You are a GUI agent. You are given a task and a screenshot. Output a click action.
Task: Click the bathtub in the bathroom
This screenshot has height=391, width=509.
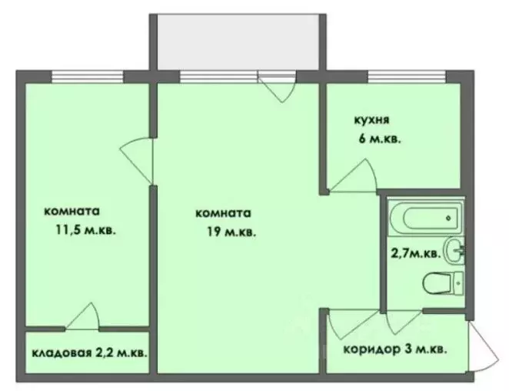(422, 218)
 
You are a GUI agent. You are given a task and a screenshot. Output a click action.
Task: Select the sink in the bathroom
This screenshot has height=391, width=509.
(454, 249)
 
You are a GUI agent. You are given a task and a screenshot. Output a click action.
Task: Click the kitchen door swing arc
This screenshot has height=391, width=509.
(353, 175)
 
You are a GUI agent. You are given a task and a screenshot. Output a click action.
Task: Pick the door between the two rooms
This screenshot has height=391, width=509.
(138, 159)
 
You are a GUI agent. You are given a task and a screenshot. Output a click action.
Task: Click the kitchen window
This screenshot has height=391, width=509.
(406, 75)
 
